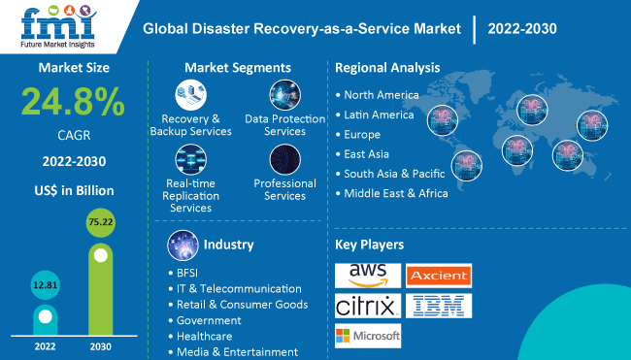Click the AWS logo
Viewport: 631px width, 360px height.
pos(366,275)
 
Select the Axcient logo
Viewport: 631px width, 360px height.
pos(438,275)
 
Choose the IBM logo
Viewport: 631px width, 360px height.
pos(438,307)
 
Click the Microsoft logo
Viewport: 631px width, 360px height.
pos(367,336)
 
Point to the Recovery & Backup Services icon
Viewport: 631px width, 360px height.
pos(191,96)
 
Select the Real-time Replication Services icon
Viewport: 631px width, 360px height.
pos(191,158)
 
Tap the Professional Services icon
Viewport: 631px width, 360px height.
pos(284,158)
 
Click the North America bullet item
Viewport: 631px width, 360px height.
pos(382,95)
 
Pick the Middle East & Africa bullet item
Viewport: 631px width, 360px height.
pos(396,193)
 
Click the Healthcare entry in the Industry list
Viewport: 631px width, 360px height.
pos(204,336)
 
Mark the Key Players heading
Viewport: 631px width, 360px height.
pos(369,245)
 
